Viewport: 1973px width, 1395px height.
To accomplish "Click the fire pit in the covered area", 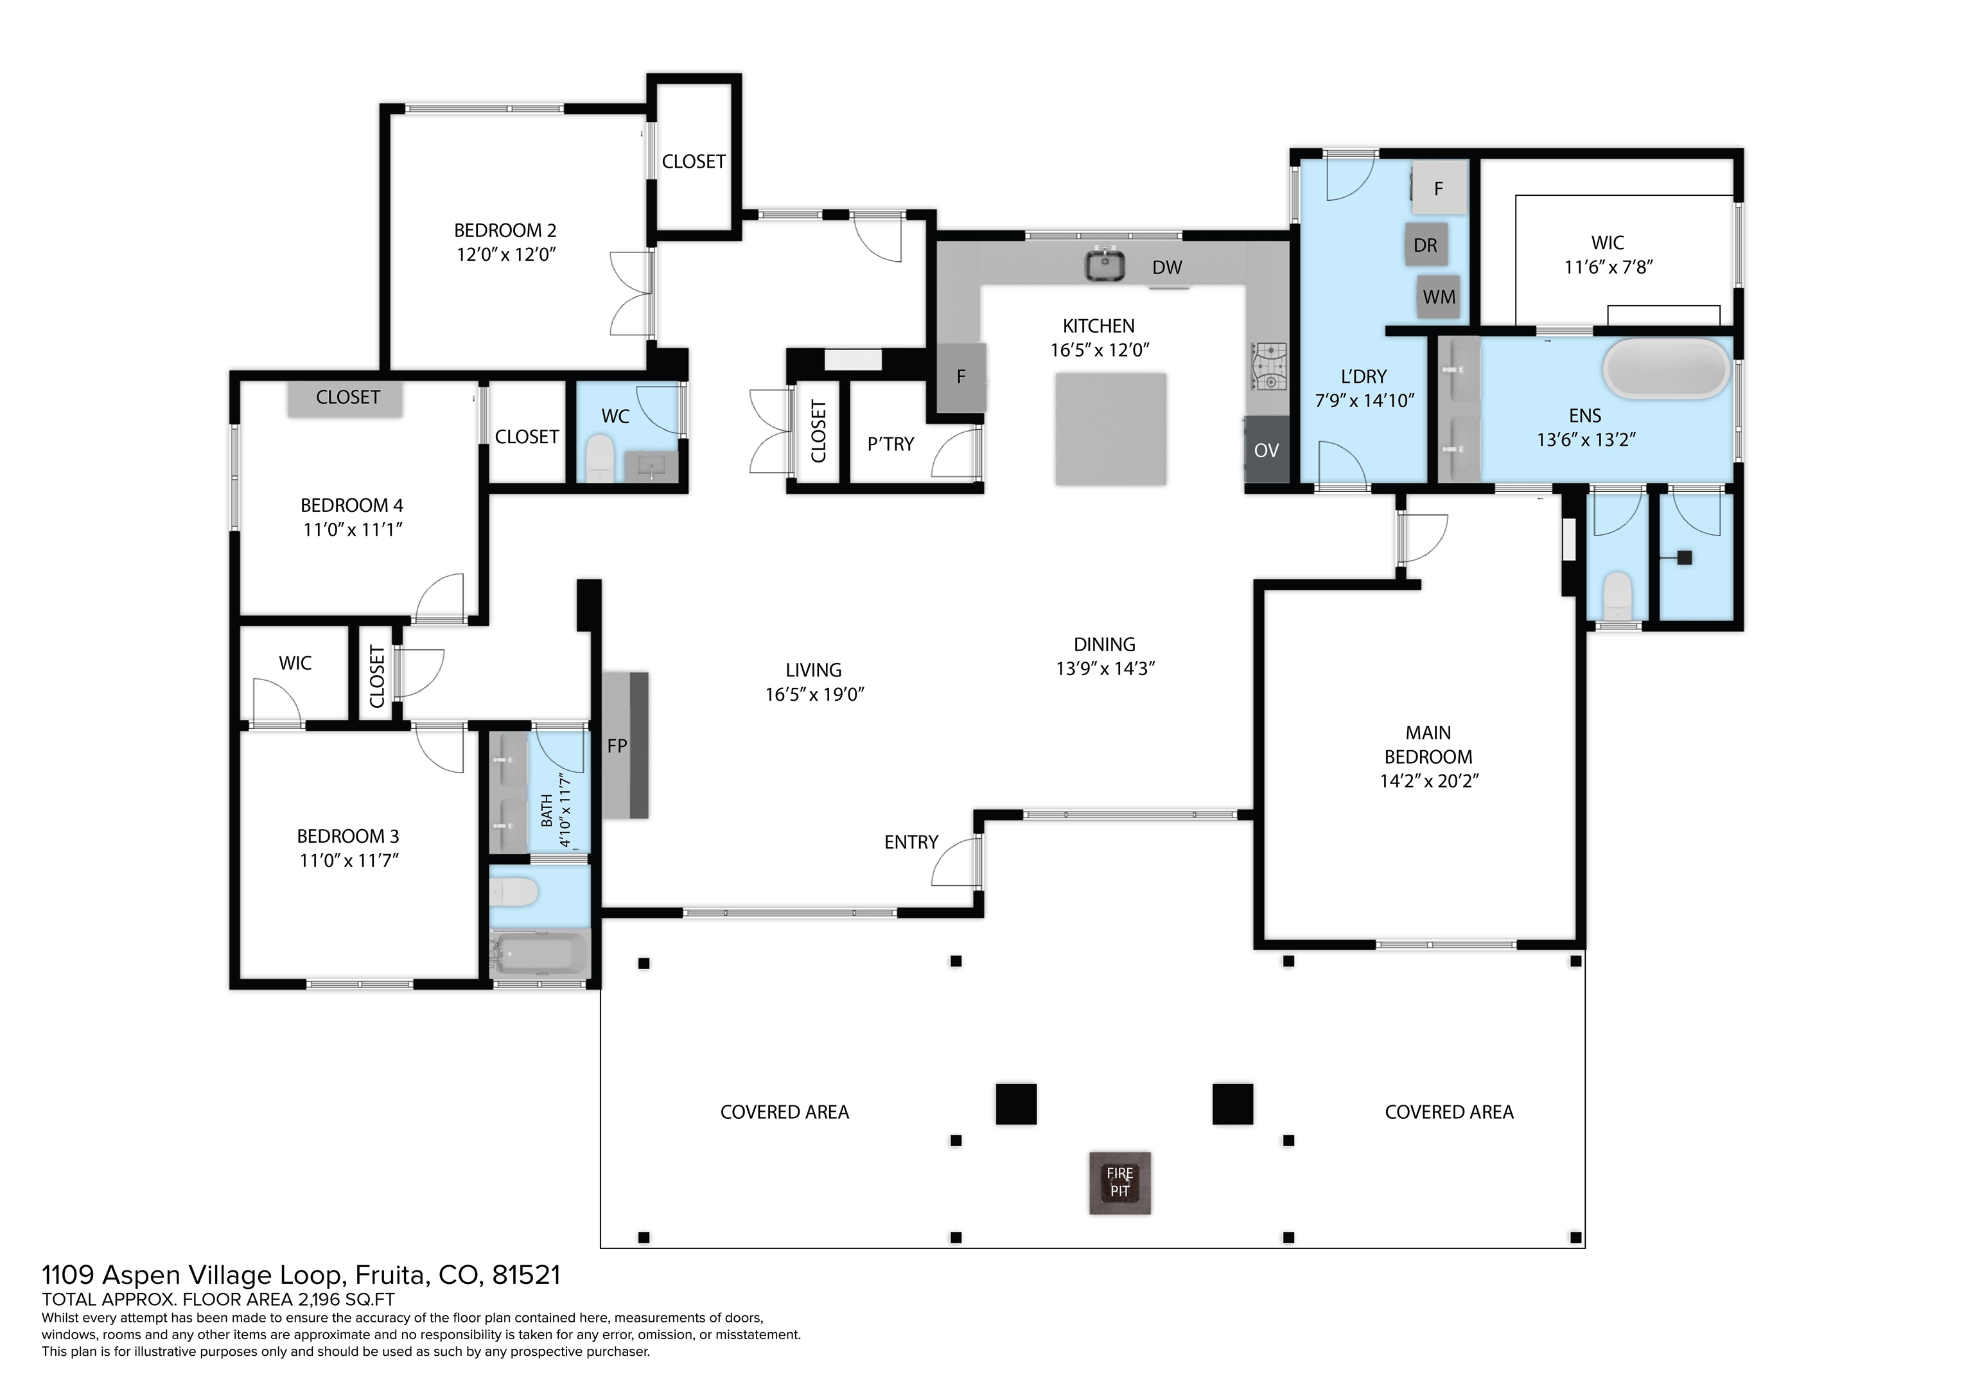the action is (1119, 1182).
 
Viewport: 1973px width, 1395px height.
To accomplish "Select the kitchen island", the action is (1111, 429).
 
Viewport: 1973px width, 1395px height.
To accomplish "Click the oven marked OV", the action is (1267, 450).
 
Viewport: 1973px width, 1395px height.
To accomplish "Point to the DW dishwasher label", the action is (1167, 267).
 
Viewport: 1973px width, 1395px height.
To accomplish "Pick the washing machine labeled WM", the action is (1439, 297).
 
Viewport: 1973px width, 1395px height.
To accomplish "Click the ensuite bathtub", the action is (1665, 368).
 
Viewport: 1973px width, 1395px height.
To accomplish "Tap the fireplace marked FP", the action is (625, 745).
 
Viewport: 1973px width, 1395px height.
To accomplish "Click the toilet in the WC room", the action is (599, 457).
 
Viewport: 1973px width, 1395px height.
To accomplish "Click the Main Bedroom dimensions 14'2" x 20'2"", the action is (1429, 781).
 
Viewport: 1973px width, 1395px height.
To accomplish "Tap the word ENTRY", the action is (911, 842).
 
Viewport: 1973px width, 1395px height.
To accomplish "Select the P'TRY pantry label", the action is (891, 444).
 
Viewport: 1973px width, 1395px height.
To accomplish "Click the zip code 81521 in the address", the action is (526, 1275).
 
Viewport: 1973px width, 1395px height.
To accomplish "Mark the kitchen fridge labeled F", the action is (961, 376).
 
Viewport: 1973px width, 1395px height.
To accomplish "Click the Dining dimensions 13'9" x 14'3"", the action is (1105, 669).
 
